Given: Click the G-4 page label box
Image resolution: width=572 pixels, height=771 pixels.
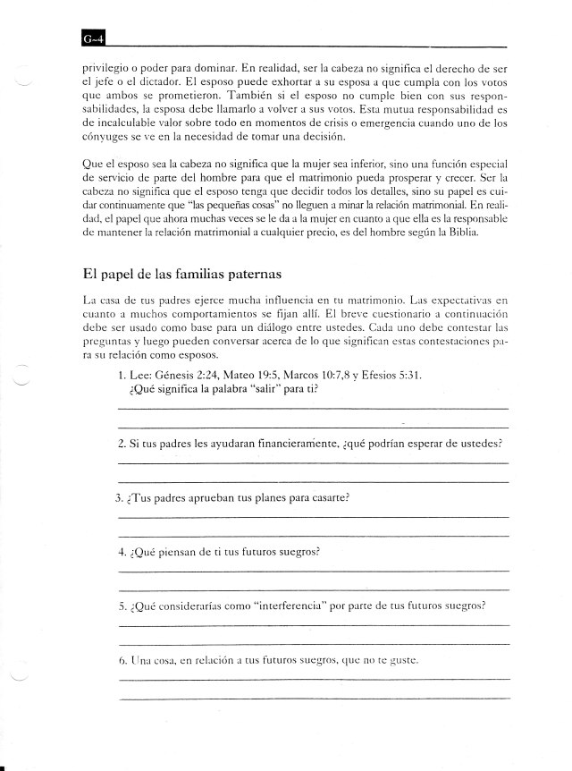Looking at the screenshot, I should pos(92,38).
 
